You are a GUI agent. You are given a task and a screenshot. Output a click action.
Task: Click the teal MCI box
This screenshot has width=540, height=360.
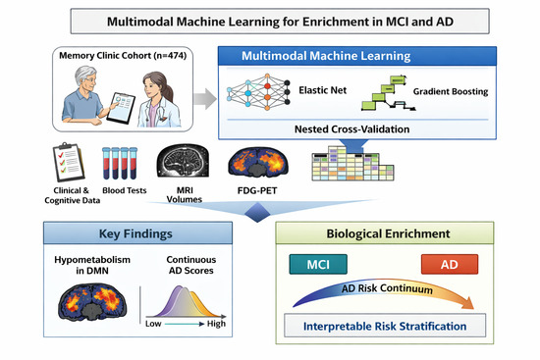pyautogui.click(x=318, y=264)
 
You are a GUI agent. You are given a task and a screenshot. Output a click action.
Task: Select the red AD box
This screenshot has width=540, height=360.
pyautogui.click(x=450, y=264)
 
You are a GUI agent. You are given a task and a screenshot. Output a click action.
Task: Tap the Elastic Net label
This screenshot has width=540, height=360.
pyautogui.click(x=323, y=90)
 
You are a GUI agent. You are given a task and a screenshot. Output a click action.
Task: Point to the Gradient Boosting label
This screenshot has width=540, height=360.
pyautogui.click(x=451, y=91)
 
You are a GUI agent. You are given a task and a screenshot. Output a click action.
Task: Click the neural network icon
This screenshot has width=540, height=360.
pyautogui.click(x=258, y=91)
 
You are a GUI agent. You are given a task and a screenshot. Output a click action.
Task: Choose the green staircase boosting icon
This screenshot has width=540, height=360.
pyautogui.click(x=389, y=93)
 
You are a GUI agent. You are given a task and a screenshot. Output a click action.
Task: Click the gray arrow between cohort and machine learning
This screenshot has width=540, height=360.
pyautogui.click(x=205, y=99)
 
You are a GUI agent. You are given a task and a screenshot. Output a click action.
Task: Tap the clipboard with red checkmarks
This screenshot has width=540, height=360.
pyautogui.click(x=69, y=162)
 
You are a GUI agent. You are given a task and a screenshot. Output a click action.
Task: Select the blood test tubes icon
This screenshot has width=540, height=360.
pyautogui.click(x=120, y=163)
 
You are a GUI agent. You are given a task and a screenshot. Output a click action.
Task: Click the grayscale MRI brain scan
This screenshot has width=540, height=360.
pyautogui.click(x=183, y=161)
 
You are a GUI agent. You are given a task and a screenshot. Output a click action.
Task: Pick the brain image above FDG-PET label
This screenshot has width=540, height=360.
pyautogui.click(x=258, y=162)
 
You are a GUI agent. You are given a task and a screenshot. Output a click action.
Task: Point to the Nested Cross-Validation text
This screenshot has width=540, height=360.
pyautogui.click(x=351, y=129)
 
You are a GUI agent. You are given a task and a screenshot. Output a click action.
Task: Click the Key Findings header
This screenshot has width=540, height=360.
pyautogui.click(x=135, y=233)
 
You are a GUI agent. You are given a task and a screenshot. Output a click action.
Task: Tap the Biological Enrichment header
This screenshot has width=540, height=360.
pyautogui.click(x=388, y=233)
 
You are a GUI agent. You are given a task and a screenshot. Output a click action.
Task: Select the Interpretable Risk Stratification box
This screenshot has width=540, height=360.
pyautogui.click(x=385, y=326)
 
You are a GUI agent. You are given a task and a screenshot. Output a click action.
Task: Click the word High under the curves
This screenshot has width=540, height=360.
pyautogui.click(x=216, y=324)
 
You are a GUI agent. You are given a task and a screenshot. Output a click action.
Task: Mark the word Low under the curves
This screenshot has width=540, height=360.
pyautogui.click(x=153, y=324)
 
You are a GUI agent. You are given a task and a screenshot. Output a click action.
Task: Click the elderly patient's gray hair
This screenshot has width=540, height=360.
pyautogui.click(x=85, y=74)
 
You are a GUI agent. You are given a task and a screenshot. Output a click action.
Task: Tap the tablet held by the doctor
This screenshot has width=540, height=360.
pyautogui.click(x=121, y=108)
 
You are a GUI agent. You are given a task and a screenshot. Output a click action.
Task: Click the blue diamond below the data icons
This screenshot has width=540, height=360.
pyautogui.click(x=257, y=212)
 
